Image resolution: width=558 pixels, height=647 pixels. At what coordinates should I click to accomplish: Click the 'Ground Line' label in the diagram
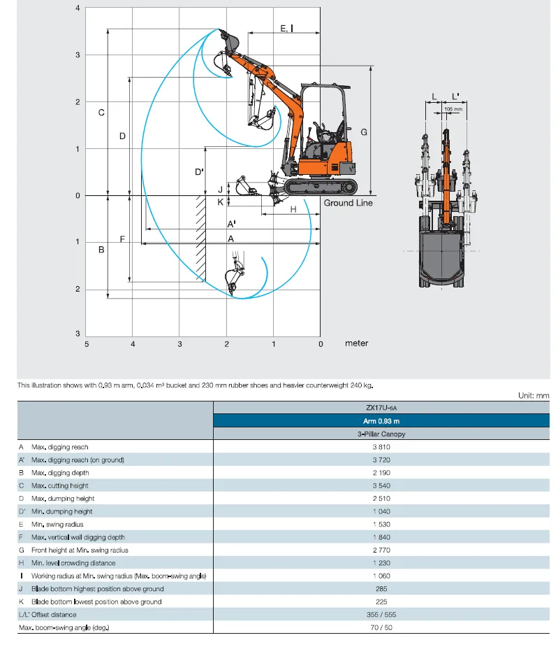click(348, 203)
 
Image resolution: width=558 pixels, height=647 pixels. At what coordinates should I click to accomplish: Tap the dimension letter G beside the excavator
click(364, 131)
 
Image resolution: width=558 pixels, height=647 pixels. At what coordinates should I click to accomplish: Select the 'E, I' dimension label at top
click(286, 28)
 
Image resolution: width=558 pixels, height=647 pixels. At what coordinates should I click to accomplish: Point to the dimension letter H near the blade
click(293, 209)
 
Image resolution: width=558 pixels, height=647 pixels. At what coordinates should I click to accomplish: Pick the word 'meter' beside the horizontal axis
click(356, 343)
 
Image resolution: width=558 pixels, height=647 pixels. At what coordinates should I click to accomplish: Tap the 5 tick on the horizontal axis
click(87, 343)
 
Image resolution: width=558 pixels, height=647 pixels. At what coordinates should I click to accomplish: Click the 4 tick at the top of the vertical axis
click(78, 8)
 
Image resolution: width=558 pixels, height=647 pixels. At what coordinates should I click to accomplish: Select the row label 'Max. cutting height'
click(59, 485)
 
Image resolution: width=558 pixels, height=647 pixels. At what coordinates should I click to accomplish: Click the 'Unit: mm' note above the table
click(534, 396)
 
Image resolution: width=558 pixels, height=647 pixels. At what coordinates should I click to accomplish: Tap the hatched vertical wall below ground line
click(201, 238)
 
